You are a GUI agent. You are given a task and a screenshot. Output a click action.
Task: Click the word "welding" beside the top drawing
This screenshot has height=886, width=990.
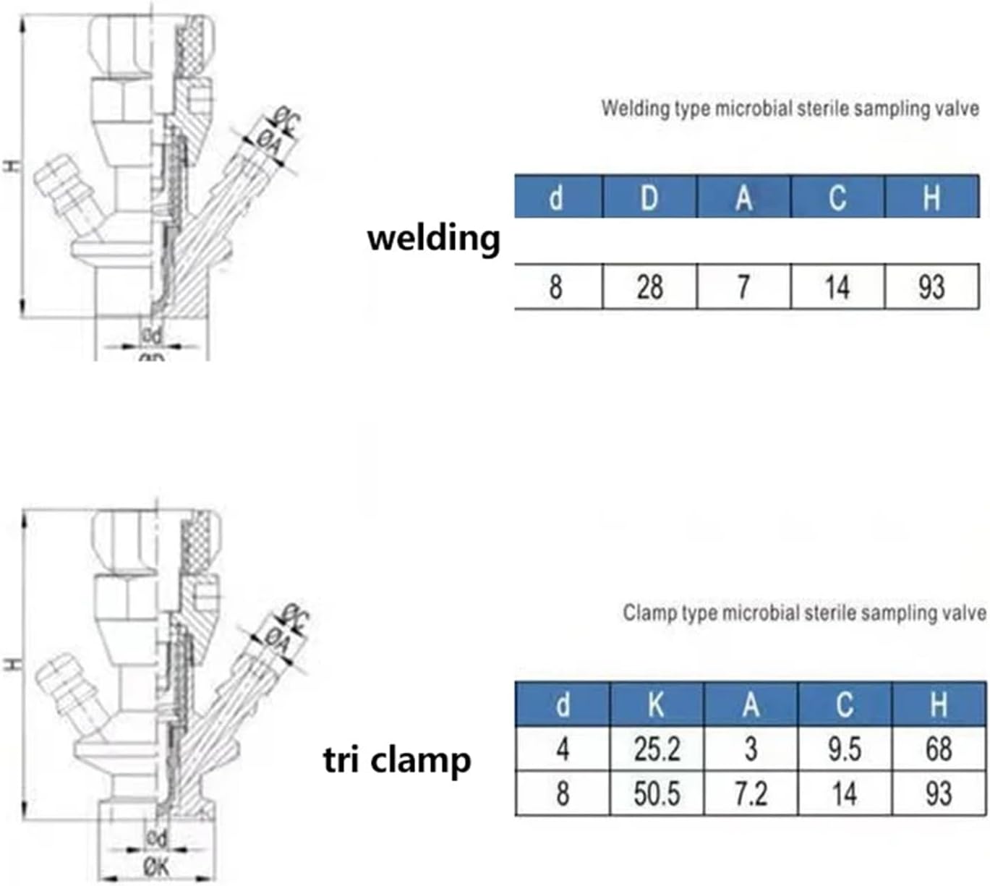click(434, 238)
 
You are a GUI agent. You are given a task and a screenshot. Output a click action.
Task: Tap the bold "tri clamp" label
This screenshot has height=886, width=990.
click(397, 759)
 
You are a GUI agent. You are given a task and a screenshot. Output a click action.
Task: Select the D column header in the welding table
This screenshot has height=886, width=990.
click(649, 197)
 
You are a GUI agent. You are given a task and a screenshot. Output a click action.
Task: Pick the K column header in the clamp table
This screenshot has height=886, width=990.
click(657, 704)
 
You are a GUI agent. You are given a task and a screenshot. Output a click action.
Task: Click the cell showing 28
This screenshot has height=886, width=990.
click(649, 287)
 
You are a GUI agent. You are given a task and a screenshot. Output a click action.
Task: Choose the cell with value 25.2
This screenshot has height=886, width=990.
click(657, 749)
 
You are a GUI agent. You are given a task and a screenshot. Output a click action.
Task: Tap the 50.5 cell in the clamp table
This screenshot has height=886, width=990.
click(657, 793)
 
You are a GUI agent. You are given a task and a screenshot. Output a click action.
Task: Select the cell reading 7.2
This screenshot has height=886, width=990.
click(751, 793)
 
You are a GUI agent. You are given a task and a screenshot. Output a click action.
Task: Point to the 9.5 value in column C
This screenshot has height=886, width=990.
click(844, 749)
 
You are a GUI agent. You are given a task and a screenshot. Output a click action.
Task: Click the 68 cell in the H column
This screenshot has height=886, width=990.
click(938, 749)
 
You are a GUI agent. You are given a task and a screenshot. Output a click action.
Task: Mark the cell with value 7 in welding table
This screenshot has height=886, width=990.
click(743, 287)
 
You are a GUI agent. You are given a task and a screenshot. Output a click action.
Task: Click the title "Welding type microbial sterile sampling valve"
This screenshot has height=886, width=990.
click(790, 109)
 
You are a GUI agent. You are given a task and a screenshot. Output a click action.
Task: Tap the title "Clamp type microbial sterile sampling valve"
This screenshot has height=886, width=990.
click(804, 613)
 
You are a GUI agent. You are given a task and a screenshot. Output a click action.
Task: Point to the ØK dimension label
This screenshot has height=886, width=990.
click(156, 866)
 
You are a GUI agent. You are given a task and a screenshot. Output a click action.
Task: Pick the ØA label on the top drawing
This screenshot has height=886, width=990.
click(270, 140)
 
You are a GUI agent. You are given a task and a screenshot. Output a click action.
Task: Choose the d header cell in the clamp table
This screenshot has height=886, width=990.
click(563, 704)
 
